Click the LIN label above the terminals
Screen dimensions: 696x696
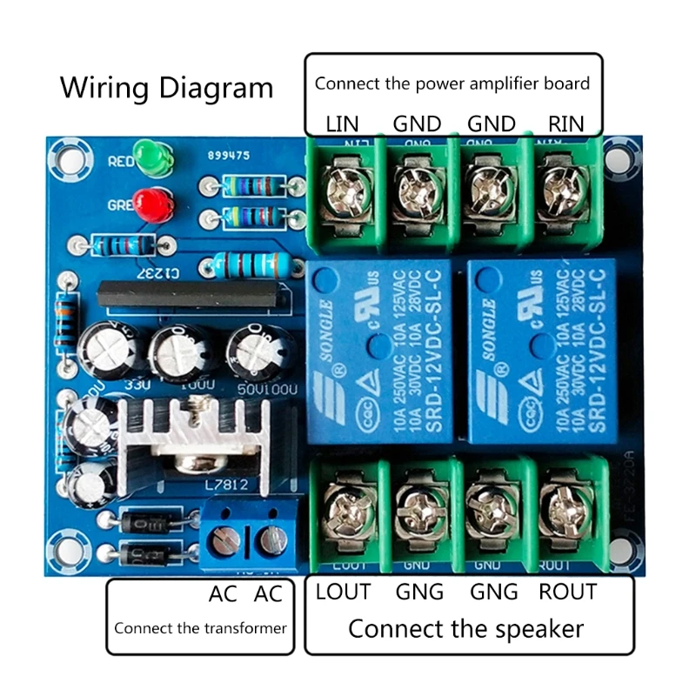[342, 124]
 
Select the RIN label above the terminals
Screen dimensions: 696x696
[565, 124]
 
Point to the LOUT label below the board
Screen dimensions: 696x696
[343, 592]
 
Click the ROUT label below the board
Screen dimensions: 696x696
[567, 592]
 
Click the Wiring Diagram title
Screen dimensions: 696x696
[166, 88]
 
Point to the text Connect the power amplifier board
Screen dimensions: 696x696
[452, 84]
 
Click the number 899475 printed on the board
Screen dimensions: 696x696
[229, 156]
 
